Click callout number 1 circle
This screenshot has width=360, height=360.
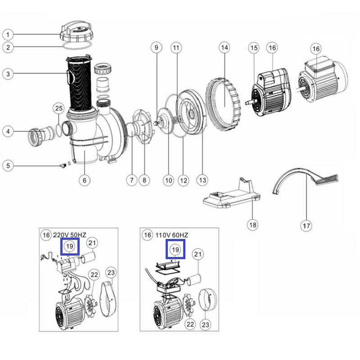[8, 35]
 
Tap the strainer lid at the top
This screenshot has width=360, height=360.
[76, 31]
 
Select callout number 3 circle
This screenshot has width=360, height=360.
[8, 74]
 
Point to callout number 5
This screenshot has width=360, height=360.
[8, 166]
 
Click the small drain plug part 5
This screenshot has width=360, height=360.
[63, 165]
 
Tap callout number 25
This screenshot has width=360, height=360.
[59, 108]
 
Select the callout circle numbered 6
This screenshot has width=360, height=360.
[85, 180]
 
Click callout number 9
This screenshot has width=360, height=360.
[156, 48]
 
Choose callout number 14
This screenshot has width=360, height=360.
[224, 48]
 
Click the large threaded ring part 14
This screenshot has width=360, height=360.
[223, 104]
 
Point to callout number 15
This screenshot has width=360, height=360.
[254, 48]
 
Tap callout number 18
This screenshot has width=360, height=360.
[253, 225]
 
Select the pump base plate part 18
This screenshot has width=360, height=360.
[232, 194]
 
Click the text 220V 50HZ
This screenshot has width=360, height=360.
[70, 235]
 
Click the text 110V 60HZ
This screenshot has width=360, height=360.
[172, 235]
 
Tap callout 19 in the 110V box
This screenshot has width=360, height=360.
[175, 250]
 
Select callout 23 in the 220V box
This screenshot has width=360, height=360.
[111, 273]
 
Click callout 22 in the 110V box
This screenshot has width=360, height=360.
[190, 324]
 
